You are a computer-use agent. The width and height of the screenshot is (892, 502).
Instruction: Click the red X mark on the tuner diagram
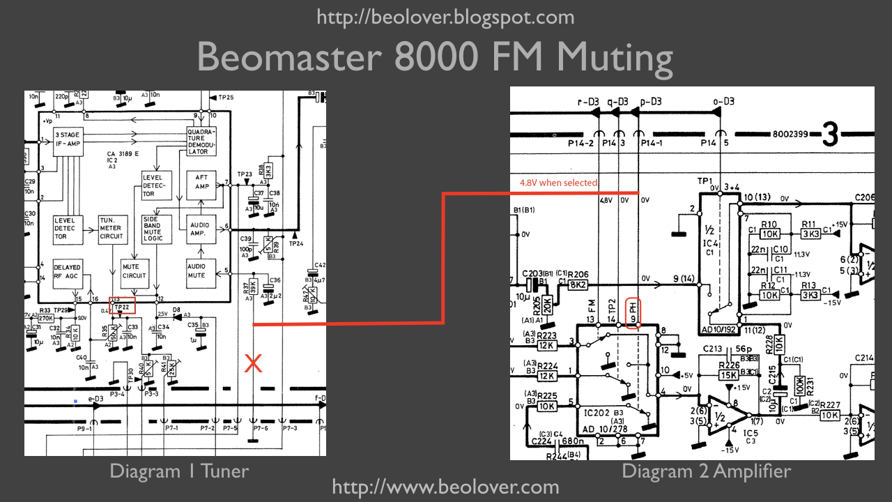point(252,363)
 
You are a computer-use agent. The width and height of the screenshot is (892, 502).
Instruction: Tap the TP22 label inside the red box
point(122,306)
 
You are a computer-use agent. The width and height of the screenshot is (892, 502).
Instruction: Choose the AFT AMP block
point(201,182)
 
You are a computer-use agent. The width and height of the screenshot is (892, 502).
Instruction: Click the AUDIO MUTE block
point(201,270)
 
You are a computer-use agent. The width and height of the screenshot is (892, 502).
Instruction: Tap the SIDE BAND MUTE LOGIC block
point(153,228)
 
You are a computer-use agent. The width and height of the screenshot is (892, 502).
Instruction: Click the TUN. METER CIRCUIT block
point(111,228)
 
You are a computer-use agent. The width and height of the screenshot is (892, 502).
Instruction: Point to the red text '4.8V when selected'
point(558,183)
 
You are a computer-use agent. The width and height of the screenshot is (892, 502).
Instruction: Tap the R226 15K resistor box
point(729,375)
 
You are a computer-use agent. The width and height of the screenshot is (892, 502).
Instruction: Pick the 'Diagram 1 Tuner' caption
point(178,471)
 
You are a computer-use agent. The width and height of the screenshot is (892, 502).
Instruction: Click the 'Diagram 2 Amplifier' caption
point(706,471)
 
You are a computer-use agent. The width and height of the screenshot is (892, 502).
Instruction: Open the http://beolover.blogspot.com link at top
point(445,17)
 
